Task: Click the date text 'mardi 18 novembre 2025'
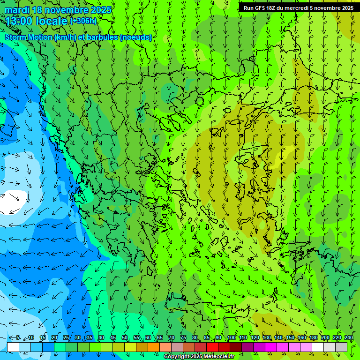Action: [58, 10]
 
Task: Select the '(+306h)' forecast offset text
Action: [83, 21]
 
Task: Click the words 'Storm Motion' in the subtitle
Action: [29, 37]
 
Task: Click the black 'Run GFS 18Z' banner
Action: [299, 8]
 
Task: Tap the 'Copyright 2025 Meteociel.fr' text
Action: [199, 357]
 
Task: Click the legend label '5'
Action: [18, 338]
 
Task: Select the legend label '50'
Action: [125, 338]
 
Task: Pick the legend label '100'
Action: [231, 338]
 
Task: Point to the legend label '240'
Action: [349, 338]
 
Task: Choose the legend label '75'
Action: [183, 338]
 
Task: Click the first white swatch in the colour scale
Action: [13, 347]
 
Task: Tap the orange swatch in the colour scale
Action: [154, 347]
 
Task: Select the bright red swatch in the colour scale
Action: [212, 347]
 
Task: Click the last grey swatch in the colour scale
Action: [341, 347]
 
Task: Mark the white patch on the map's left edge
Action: [9, 202]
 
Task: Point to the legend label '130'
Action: [267, 338]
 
